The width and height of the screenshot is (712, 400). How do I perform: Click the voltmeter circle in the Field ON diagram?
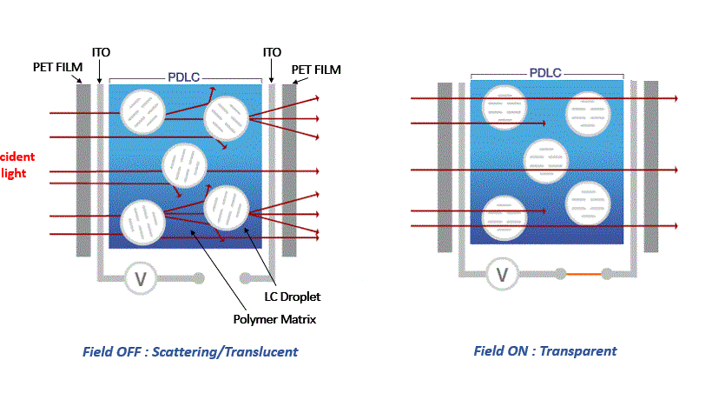coord(502,275)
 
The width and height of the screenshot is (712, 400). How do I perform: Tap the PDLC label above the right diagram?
coord(544,73)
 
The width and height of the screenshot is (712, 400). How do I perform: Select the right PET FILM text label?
coord(316,70)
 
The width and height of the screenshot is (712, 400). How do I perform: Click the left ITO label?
coord(102,53)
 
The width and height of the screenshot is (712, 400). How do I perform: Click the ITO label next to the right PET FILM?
coord(272,53)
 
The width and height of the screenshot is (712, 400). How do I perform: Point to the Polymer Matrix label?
coord(274,319)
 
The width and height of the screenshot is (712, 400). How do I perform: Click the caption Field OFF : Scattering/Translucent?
coord(190,352)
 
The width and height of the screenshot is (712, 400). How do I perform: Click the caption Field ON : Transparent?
coord(545,351)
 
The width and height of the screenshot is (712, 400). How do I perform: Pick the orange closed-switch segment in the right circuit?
coord(590,275)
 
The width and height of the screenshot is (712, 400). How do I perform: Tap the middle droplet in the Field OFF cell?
coord(185,164)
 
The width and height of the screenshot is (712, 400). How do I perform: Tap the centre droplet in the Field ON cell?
coord(546,160)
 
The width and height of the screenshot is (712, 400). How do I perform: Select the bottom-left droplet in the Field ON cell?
coord(504,217)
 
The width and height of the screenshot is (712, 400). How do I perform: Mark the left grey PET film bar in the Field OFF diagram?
coord(83,170)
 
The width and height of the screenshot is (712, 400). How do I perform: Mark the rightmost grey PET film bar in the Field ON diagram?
coord(650,167)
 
